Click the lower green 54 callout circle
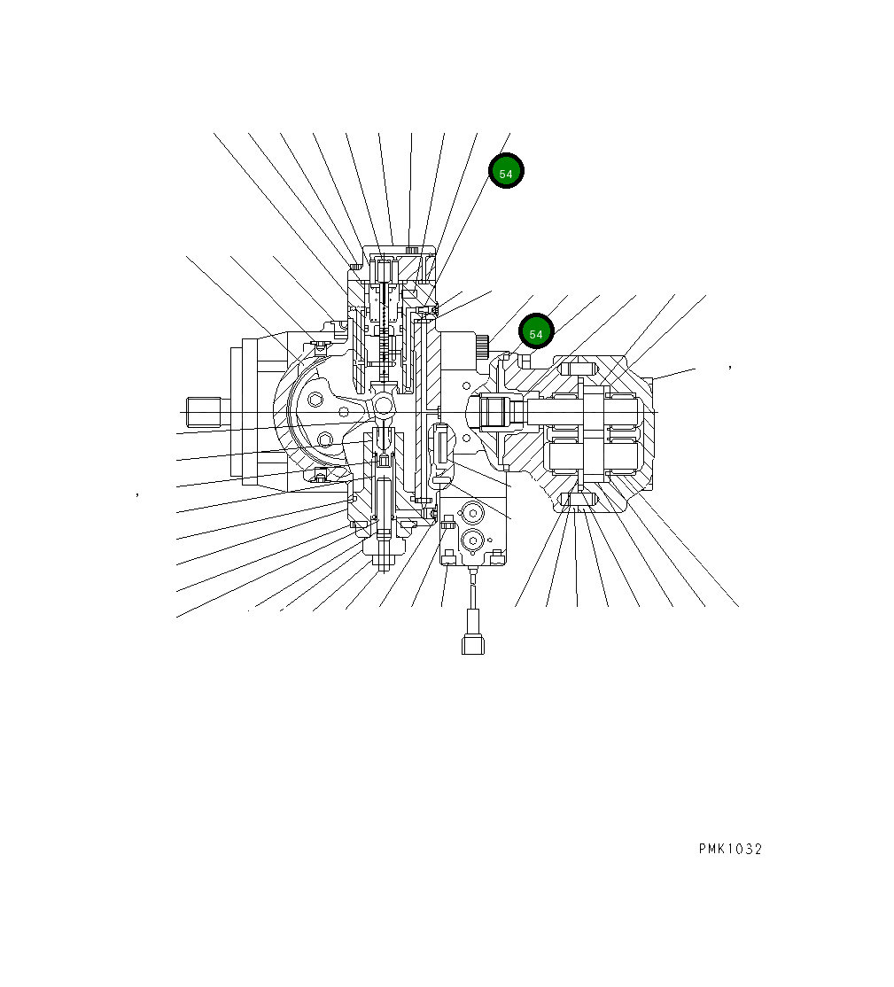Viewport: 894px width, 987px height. pyautogui.click(x=536, y=332)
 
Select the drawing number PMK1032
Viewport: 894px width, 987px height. pyautogui.click(x=729, y=849)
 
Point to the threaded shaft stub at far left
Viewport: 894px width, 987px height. pyautogui.click(x=205, y=413)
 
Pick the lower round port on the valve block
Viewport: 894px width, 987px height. pyautogui.click(x=471, y=540)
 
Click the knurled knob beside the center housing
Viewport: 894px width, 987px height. pyautogui.click(x=482, y=346)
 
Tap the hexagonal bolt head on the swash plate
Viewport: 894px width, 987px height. pyautogui.click(x=316, y=401)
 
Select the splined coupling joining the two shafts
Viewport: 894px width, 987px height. pyautogui.click(x=495, y=412)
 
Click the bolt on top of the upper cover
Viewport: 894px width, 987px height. pyautogui.click(x=411, y=250)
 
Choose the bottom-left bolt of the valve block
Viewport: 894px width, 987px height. pyautogui.click(x=448, y=556)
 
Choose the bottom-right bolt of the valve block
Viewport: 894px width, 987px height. pyautogui.click(x=497, y=556)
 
